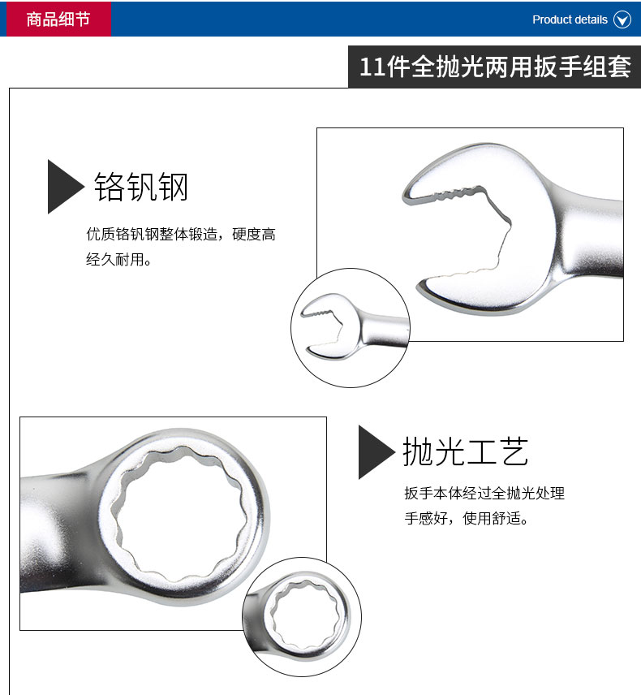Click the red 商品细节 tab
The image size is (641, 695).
58,19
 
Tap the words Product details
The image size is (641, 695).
570,19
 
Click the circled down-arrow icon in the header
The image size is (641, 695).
622,19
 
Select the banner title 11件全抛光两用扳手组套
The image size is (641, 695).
495,67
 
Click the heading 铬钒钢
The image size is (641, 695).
141,187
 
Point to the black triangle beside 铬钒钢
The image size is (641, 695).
64,187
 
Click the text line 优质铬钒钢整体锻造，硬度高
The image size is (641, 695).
181,234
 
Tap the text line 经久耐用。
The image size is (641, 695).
118,259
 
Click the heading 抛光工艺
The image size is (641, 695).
466,451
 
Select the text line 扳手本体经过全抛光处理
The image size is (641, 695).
484,493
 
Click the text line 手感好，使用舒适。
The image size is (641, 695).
466,518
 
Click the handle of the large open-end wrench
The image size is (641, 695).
592,235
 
